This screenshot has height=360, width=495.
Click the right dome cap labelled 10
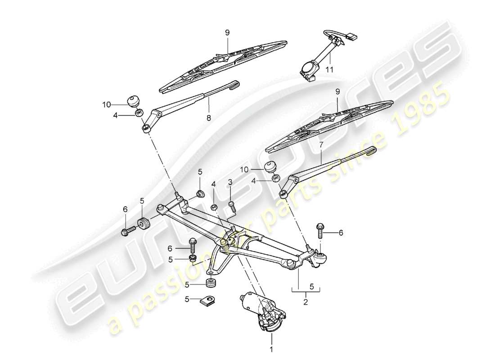pyautogui.click(x=270, y=166)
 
